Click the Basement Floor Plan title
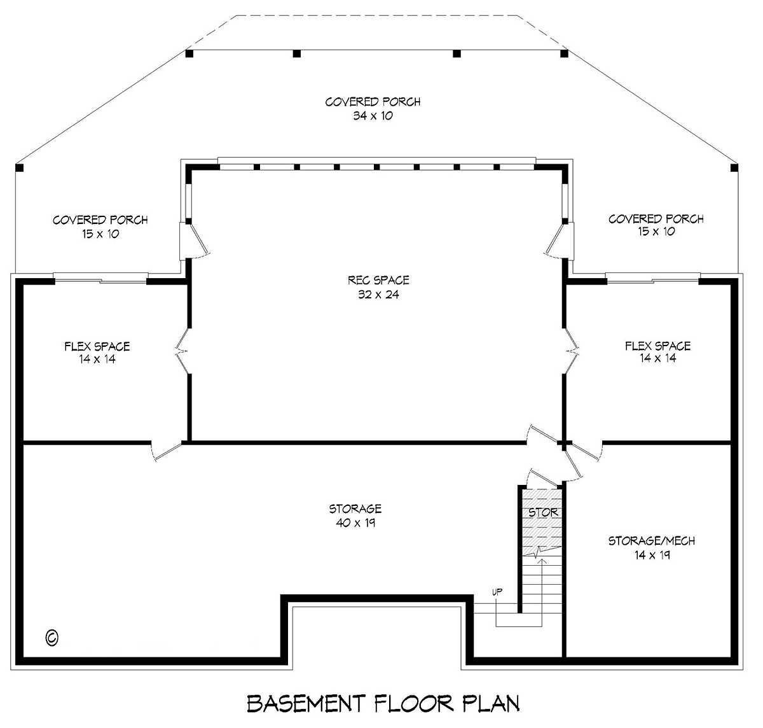[383, 704]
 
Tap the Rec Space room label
[378, 280]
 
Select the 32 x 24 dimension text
[378, 295]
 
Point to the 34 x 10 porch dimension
[373, 116]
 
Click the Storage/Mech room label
[652, 541]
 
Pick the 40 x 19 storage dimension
[355, 523]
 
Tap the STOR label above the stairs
[543, 512]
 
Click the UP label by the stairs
[497, 592]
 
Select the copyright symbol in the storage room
[52, 638]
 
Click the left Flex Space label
[97, 346]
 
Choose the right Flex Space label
[658, 346]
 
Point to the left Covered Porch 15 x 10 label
[100, 227]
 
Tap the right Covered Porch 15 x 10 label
[656, 225]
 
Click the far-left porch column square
[20, 168]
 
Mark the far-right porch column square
[734, 168]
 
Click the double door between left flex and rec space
[182, 351]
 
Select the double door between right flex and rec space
[571, 351]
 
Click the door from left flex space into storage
[166, 451]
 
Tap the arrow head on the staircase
[542, 562]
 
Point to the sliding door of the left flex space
[100, 277]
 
